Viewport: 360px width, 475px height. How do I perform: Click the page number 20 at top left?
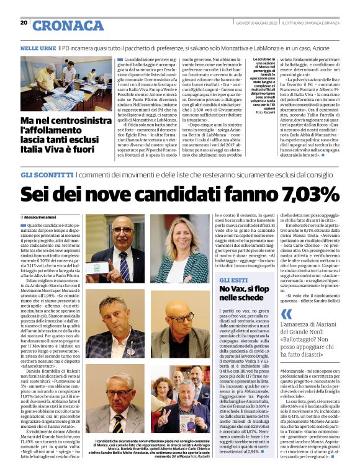point(24,23)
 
